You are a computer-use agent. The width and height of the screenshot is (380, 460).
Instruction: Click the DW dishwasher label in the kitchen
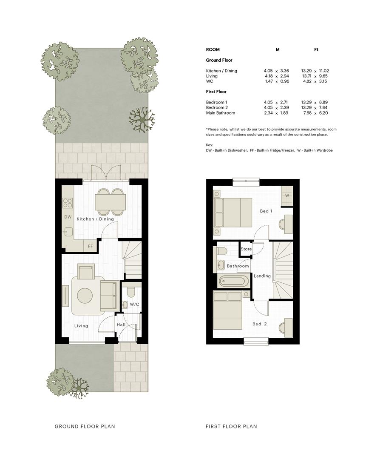[x=68, y=217]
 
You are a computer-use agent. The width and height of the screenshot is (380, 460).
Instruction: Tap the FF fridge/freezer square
[x=90, y=246]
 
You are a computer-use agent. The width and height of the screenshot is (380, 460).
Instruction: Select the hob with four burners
[x=68, y=203]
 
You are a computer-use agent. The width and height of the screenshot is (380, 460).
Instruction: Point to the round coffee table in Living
[x=85, y=296]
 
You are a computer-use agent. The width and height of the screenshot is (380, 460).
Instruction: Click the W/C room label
[x=134, y=304]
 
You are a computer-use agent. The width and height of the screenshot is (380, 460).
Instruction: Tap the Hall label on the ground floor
[x=121, y=325]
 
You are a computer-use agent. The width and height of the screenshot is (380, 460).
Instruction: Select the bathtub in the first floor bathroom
[x=233, y=282]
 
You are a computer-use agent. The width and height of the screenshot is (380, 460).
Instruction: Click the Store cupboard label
[x=246, y=249]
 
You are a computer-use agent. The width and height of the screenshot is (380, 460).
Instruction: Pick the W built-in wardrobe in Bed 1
[x=287, y=195]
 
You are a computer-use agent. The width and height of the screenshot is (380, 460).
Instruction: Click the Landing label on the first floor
[x=262, y=276]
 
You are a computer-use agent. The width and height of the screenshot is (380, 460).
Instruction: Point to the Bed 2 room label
[x=260, y=324]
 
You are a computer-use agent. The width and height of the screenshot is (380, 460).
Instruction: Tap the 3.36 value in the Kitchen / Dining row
[x=284, y=71]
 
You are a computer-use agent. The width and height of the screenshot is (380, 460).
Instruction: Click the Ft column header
[x=316, y=49]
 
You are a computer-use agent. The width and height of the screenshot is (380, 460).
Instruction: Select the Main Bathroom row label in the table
[x=221, y=112]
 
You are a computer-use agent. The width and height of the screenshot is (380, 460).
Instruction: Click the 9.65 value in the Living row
[x=323, y=76]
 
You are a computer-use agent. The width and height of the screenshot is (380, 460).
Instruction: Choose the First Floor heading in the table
[x=216, y=92]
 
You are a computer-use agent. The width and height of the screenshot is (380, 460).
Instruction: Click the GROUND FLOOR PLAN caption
[x=85, y=426]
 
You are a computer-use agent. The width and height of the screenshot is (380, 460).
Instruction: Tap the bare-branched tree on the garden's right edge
[x=142, y=119]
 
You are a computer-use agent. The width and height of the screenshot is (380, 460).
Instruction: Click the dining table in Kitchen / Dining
[x=110, y=202]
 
